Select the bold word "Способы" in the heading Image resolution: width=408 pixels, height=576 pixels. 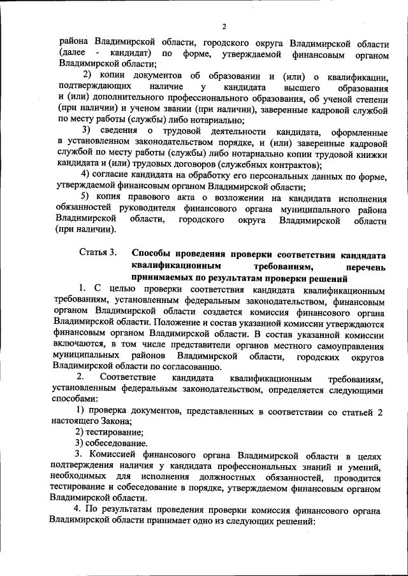pyautogui.click(x=153, y=252)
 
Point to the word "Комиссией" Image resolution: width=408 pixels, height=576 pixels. pyautogui.click(x=116, y=456)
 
